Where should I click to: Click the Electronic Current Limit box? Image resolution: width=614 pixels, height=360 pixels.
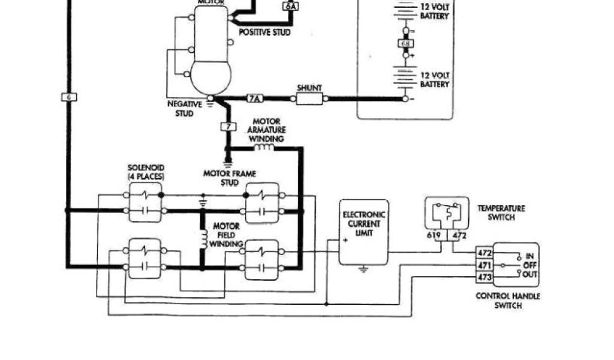(363, 232)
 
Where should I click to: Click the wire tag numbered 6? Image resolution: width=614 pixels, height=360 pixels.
(69, 97)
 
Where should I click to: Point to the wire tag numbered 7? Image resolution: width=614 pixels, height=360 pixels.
(228, 127)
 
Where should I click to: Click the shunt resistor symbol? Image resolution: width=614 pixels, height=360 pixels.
(309, 98)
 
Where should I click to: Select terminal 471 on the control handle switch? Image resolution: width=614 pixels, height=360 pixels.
(484, 265)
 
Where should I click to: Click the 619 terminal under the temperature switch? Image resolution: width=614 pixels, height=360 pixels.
(434, 236)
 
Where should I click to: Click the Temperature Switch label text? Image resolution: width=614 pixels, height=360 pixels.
(501, 212)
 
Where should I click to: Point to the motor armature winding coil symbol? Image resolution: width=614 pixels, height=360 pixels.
(263, 147)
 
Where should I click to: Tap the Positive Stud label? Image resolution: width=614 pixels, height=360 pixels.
(264, 32)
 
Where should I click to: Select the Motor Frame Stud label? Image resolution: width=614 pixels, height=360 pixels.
(229, 177)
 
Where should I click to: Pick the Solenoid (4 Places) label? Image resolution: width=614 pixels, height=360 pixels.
(146, 172)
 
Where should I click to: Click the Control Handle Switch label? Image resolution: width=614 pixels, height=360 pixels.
(507, 300)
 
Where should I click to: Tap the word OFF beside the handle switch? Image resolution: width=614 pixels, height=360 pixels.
(531, 265)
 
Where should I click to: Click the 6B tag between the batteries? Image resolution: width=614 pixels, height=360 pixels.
(405, 43)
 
